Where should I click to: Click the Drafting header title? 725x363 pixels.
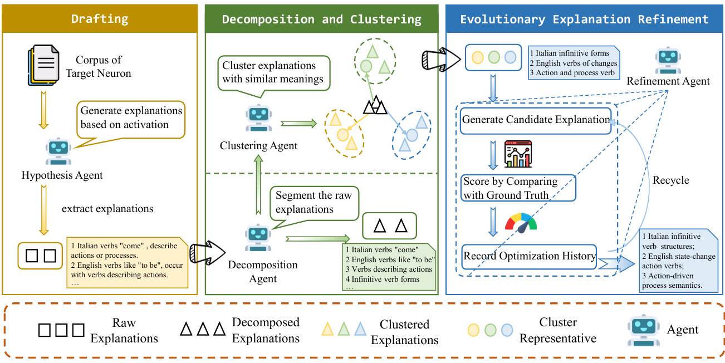click(100, 19)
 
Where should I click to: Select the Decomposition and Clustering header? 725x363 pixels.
click(321, 19)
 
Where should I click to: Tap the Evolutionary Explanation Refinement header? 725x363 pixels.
click(584, 19)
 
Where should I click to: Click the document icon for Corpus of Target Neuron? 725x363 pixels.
click(44, 66)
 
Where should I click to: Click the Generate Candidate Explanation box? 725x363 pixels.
click(535, 120)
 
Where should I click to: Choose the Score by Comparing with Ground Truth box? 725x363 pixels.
click(518, 188)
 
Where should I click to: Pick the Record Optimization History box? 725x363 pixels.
click(530, 257)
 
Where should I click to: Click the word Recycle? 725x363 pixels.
click(670, 180)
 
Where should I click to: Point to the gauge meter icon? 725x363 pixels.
click(521, 221)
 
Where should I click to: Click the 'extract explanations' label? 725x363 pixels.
click(107, 209)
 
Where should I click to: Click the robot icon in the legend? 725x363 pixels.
click(643, 330)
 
